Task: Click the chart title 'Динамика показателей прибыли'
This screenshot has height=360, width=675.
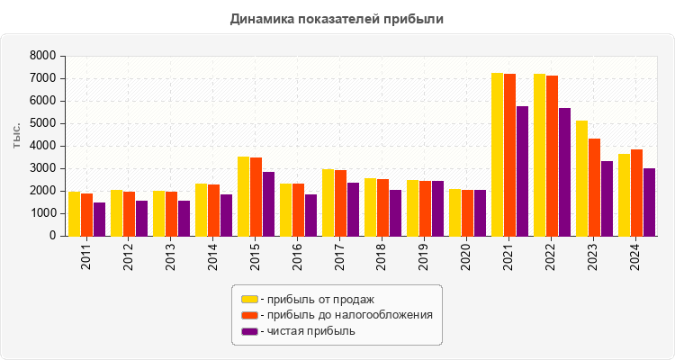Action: click(337, 18)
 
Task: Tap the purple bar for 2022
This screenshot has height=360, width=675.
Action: click(564, 172)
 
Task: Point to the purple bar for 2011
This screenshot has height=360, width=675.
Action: click(99, 219)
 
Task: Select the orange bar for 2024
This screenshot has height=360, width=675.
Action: click(636, 193)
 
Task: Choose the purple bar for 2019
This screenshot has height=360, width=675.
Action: click(437, 208)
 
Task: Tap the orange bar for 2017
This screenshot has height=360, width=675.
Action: click(340, 202)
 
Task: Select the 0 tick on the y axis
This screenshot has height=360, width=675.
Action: click(52, 236)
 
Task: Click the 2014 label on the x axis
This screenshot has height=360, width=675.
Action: click(212, 258)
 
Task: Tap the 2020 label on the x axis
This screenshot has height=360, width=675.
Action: click(466, 258)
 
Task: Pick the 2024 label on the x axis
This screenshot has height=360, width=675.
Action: click(635, 258)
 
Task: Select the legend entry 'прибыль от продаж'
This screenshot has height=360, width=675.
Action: click(316, 299)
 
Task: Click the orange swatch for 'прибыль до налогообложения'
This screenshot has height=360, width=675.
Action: click(249, 315)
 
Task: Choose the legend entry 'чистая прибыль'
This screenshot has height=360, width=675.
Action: click(307, 331)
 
